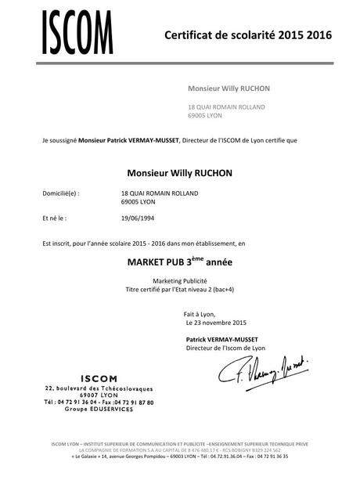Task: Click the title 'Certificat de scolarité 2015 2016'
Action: click(248, 34)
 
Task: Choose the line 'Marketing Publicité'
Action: click(180, 281)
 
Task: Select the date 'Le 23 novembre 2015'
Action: click(217, 323)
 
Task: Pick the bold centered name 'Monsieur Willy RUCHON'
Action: click(180, 172)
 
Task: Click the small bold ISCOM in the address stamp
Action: click(95, 378)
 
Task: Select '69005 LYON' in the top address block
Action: click(205, 115)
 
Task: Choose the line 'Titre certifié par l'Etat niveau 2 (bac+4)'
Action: click(180, 289)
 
